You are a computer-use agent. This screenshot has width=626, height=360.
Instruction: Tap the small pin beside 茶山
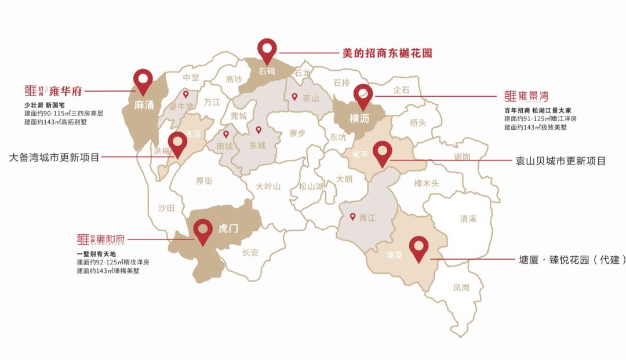pos(294,97)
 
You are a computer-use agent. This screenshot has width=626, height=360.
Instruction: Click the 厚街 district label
pos(203,181)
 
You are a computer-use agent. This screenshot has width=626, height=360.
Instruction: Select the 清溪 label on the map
pos(468,219)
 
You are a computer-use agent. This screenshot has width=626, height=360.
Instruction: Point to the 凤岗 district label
pos(461,287)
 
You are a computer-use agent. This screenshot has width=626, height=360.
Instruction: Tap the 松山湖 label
pos(311,186)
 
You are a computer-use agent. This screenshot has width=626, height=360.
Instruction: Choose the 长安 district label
pos(250,252)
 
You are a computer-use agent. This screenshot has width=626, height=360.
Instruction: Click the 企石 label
pos(401,90)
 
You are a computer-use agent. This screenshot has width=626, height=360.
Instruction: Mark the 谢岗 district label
pos(462,157)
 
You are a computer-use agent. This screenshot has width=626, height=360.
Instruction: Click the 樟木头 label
pos(427,184)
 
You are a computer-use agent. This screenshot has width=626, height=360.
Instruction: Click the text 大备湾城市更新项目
pos(55,157)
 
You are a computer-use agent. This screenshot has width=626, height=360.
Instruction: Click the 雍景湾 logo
pos(526,96)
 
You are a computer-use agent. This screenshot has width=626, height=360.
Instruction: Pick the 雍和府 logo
pos(101,239)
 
